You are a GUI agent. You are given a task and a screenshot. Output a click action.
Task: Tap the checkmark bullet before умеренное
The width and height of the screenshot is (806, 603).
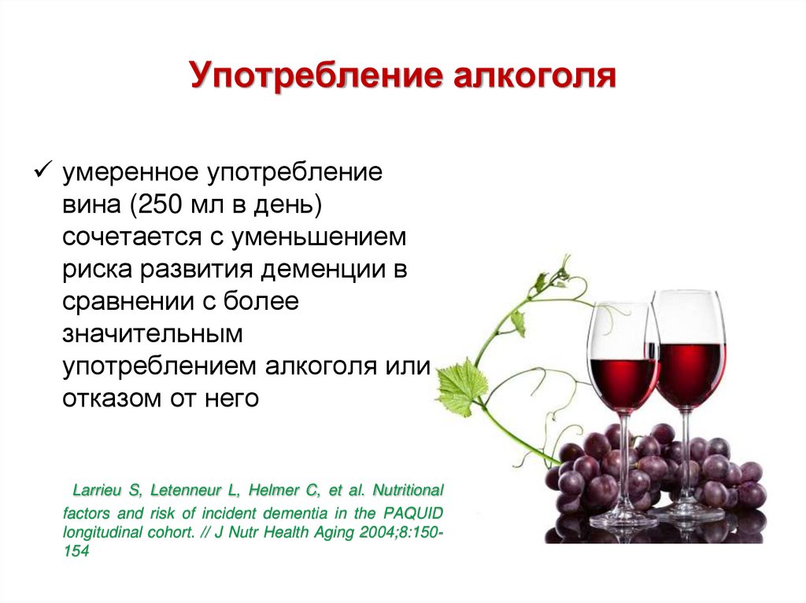coord(43,170)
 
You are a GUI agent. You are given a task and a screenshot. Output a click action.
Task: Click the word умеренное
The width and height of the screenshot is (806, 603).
coord(130,173)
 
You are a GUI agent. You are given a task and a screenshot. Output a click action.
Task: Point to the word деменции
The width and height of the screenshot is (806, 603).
coord(323,270)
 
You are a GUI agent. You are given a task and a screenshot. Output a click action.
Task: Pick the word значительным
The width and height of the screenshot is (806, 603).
coord(152,334)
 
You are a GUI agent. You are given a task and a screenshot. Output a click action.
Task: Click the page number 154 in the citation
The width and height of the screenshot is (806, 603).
coord(76,551)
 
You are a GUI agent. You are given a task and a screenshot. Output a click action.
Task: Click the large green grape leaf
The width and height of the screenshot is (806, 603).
coord(461,386)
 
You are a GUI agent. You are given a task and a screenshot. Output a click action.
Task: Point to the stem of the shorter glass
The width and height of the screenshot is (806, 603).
coord(625,462)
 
